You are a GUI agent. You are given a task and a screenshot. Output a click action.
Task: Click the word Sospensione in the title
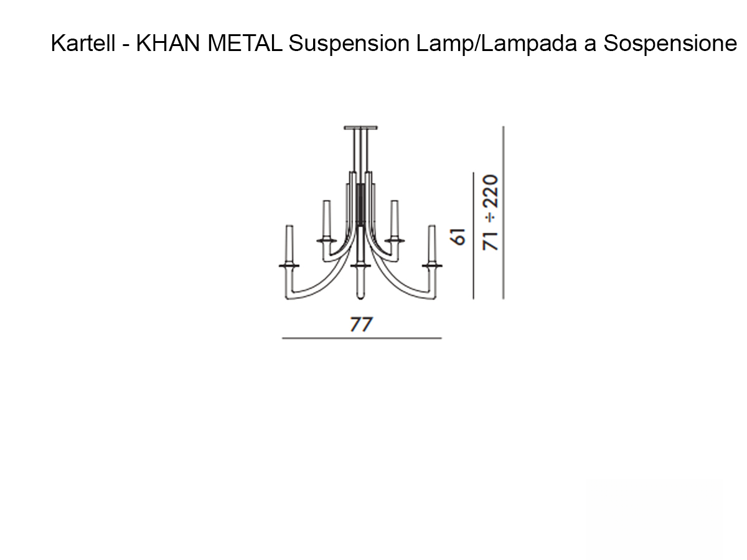670,44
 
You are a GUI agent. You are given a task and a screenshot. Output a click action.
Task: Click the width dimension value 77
361,324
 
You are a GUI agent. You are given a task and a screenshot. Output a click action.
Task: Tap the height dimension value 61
459,237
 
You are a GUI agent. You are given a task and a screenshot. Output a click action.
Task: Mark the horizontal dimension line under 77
362,338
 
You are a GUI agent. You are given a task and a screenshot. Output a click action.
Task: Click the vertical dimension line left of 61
473,236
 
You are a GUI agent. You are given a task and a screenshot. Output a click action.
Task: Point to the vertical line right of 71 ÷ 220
503,212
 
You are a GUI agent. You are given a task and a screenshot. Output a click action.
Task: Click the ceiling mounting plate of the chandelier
360,128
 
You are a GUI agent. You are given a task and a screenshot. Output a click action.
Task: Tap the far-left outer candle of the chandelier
289,244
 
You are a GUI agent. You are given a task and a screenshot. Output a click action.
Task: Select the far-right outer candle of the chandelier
431,244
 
